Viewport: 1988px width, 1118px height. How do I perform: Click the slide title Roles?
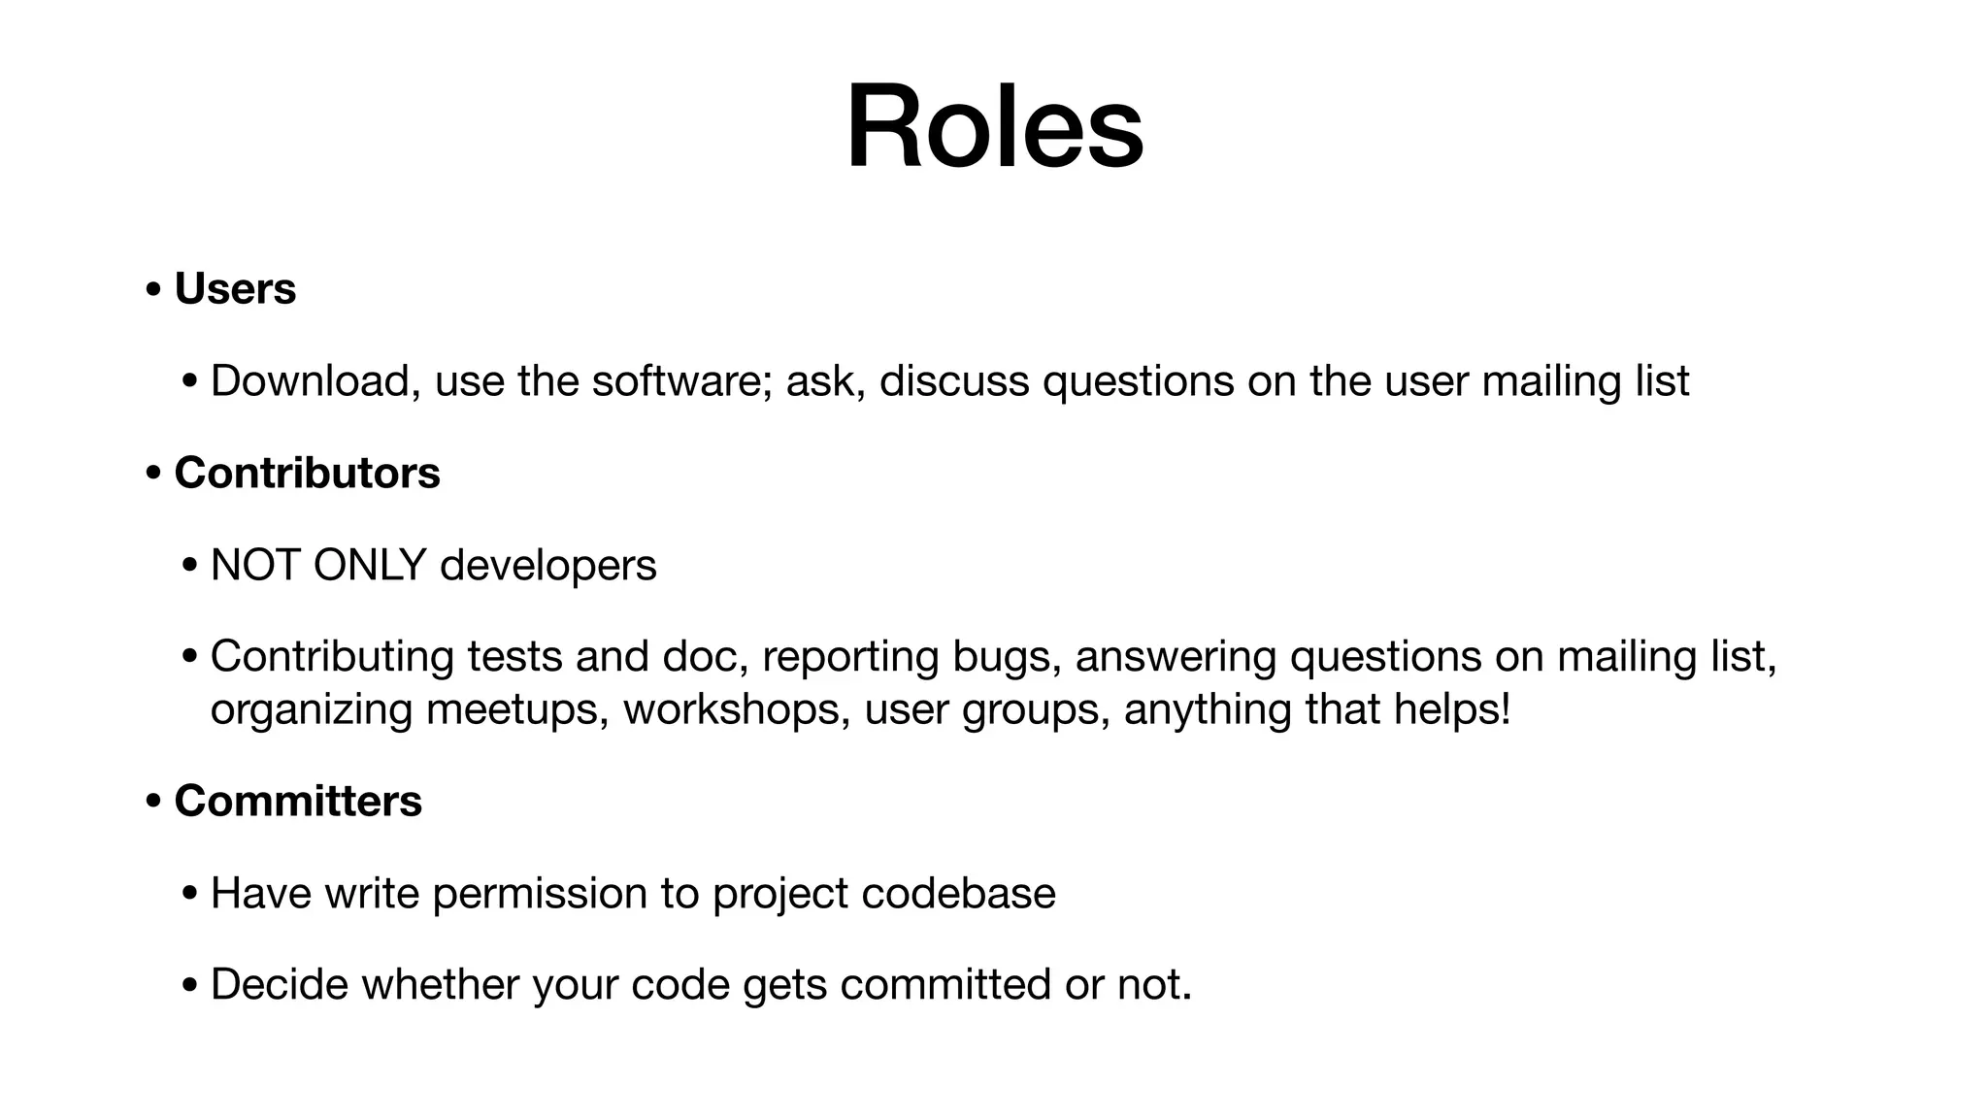(994, 127)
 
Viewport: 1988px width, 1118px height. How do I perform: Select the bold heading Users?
(235, 289)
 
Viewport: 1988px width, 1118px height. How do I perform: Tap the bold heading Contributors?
(307, 474)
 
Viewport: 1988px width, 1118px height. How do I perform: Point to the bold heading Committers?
(298, 802)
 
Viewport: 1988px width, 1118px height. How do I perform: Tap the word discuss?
(954, 381)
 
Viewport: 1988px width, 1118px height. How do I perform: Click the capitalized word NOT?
(254, 566)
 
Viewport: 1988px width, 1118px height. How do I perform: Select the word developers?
(547, 566)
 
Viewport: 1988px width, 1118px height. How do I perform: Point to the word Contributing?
(332, 657)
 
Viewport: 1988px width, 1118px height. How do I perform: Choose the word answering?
(1176, 657)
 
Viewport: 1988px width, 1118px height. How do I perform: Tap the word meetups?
(517, 709)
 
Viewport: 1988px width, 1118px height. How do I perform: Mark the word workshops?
(737, 709)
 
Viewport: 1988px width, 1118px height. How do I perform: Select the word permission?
(540, 894)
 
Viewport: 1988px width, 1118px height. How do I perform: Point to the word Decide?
(279, 985)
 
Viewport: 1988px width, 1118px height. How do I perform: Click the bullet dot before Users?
(152, 290)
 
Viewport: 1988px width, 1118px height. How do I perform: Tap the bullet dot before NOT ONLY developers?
(189, 567)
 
